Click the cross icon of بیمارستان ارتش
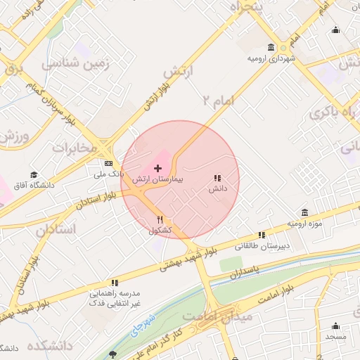coord(157,169)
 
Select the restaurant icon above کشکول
coord(160,220)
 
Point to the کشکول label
coord(160,231)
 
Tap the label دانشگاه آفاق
coord(34,186)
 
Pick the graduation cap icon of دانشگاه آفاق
coord(34,175)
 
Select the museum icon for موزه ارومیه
coord(304,212)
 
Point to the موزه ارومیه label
coord(304,224)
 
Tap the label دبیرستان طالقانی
coord(262,246)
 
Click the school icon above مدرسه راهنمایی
coord(115,281)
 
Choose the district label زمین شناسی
coord(77,63)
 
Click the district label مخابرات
coord(73,148)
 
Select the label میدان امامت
coord(228,318)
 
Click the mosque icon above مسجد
coord(335,326)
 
